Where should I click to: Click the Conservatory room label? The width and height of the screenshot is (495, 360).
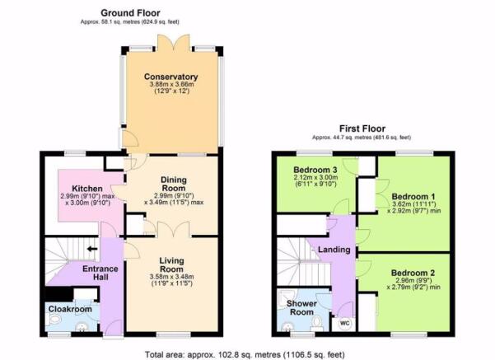click(170, 77)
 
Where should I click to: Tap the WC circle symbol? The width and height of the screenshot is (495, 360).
click(345, 324)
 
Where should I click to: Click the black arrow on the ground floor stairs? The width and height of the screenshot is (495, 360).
click(92, 249)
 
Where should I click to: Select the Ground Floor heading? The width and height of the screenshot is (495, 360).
click(130, 13)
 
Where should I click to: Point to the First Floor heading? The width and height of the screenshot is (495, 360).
click(362, 129)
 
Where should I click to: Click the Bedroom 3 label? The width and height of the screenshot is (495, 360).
click(315, 170)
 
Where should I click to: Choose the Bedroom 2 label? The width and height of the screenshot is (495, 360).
click(413, 273)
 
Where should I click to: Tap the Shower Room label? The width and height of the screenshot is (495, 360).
click(301, 308)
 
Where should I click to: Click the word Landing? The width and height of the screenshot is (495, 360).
click(334, 250)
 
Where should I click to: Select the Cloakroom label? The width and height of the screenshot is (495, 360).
click(70, 309)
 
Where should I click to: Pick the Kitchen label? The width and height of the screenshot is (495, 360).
click(87, 189)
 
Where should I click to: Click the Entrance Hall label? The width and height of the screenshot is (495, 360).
click(100, 274)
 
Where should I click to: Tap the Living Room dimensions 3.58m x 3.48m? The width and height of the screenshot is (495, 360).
click(172, 277)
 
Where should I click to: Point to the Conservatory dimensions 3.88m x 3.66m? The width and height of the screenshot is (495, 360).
click(171, 84)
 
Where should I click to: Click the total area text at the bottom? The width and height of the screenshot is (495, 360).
click(245, 354)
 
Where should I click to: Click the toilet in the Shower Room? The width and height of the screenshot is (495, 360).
click(316, 324)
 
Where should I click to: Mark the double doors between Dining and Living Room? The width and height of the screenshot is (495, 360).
click(174, 229)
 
